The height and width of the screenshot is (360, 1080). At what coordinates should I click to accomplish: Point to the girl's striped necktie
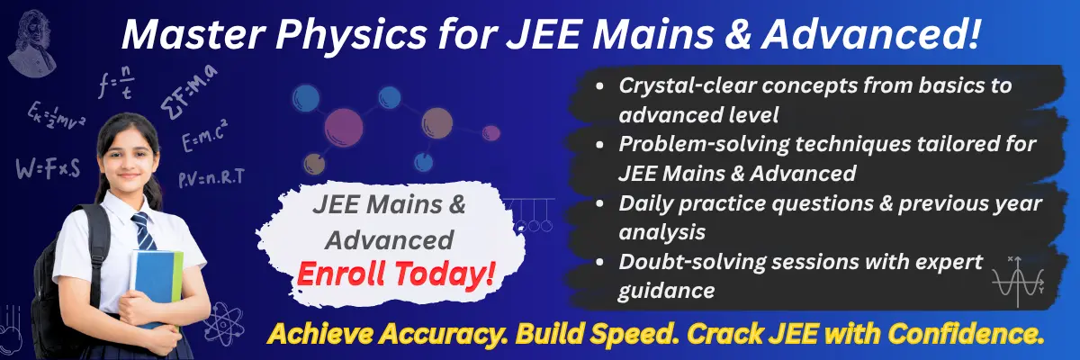click(x=141, y=231)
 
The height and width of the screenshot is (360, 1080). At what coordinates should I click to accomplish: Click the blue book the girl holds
click(x=155, y=283)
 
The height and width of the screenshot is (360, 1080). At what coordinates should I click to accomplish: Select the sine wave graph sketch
click(x=1018, y=281)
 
